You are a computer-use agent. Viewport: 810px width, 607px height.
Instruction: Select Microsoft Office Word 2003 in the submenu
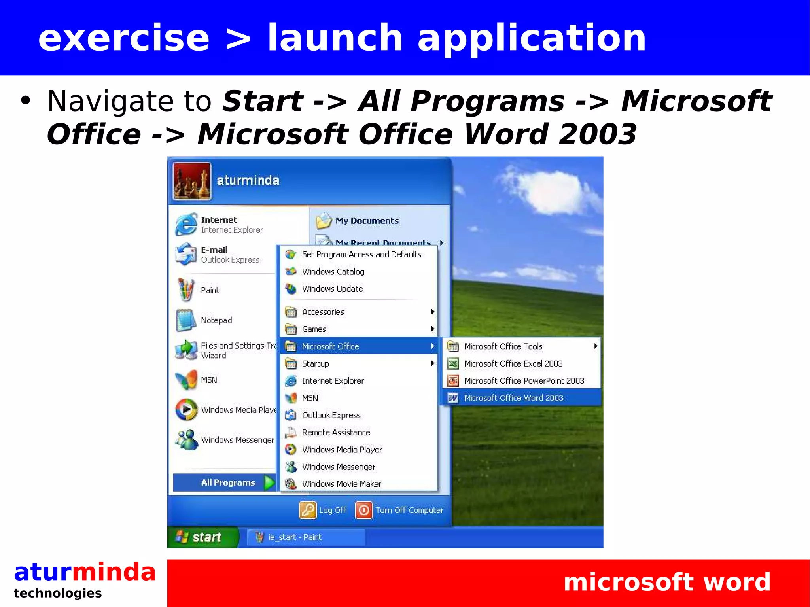coord(513,398)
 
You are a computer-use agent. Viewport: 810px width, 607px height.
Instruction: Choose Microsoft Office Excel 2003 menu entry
coord(513,363)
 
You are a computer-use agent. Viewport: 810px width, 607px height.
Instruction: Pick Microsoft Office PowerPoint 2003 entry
coord(524,381)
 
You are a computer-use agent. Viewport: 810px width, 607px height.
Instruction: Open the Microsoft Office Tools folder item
coord(503,346)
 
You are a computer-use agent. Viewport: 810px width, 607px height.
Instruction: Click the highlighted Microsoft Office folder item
coord(330,346)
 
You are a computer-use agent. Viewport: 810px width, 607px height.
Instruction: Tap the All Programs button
coord(228,482)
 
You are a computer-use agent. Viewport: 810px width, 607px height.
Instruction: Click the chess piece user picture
coord(192,181)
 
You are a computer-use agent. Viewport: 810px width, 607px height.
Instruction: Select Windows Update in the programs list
coord(332,289)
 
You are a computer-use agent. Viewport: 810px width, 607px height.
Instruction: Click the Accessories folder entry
coord(323,312)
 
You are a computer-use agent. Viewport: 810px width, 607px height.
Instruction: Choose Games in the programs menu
coord(314,329)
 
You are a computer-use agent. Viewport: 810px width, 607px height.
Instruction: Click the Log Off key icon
coord(308,510)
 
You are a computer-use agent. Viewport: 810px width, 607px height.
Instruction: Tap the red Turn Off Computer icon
coord(364,510)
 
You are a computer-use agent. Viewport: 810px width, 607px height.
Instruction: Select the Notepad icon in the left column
coord(186,320)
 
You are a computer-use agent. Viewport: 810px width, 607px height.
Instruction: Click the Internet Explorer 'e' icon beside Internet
coord(186,224)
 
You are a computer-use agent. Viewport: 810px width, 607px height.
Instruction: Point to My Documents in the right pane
coord(366,221)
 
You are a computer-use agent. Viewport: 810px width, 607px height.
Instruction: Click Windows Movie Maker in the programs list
coord(341,484)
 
